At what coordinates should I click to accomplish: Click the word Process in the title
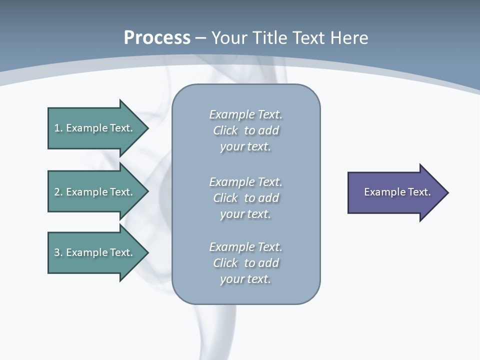[x=157, y=38]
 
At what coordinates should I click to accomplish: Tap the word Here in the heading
[x=349, y=38]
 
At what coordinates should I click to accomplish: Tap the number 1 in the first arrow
[x=57, y=128]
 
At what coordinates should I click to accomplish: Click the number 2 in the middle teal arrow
[x=57, y=192]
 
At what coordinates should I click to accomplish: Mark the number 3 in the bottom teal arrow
[x=57, y=252]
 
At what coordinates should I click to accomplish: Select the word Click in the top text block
[x=225, y=130]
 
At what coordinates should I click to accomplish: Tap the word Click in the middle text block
[x=225, y=198]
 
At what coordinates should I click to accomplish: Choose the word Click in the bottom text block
[x=225, y=263]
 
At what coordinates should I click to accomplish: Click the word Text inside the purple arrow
[x=419, y=192]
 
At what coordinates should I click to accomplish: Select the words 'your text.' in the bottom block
[x=245, y=279]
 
